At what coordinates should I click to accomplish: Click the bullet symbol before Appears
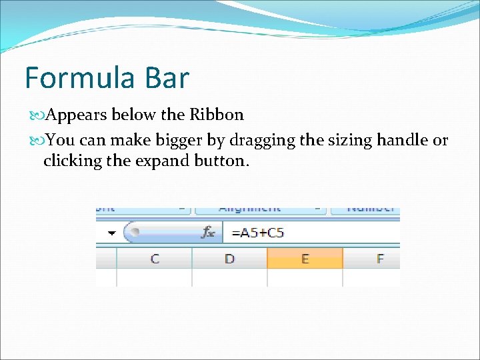tap(37, 115)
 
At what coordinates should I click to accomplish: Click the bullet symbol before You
tap(37, 141)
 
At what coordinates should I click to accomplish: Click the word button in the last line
tap(221, 161)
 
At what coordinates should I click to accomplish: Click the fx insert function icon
tap(209, 233)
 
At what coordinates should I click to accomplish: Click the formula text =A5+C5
tap(257, 233)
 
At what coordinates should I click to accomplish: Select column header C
tap(155, 258)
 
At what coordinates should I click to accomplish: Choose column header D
tap(229, 258)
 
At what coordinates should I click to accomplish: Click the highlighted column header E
tap(305, 258)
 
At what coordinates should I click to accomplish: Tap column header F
tap(380, 258)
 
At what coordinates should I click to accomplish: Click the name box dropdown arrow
tap(111, 233)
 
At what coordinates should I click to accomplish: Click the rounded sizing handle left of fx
tap(135, 233)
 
